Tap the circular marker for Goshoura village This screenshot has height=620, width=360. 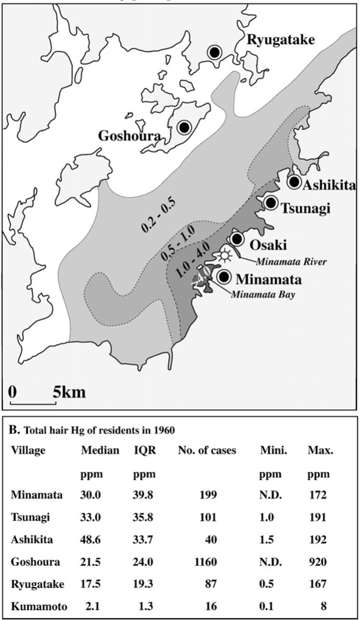(x=184, y=127)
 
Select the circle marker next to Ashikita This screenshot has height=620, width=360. (x=294, y=181)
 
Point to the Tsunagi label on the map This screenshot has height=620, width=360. (x=306, y=208)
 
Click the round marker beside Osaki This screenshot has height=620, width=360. (x=236, y=238)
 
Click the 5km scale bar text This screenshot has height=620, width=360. (x=69, y=392)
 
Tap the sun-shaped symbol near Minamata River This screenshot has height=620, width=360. (x=225, y=255)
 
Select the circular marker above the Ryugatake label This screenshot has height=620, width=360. (x=214, y=52)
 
